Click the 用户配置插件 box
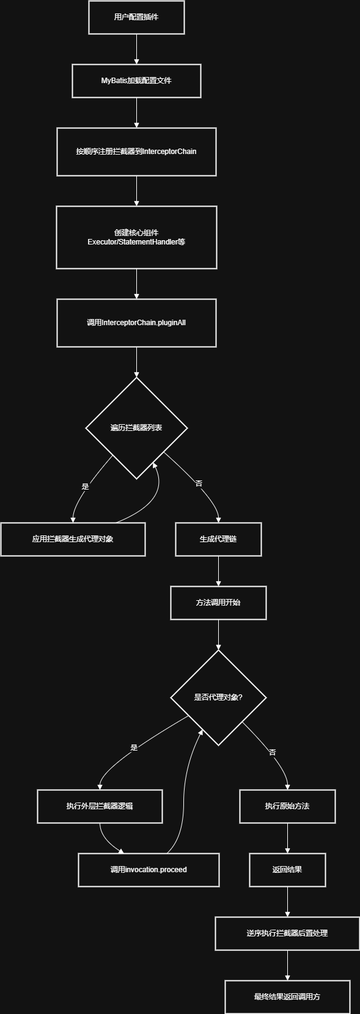[x=136, y=17]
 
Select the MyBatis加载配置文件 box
[x=136, y=81]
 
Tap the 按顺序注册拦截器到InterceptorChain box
[x=136, y=152]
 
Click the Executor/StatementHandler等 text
[x=136, y=242]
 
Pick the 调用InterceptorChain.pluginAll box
[x=136, y=323]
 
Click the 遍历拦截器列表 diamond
[x=136, y=428]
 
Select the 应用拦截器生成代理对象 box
[x=73, y=539]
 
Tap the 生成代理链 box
[x=218, y=539]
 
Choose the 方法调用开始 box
[x=218, y=603]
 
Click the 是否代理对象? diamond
[x=218, y=697]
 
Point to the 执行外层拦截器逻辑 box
[x=100, y=806]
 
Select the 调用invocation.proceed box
[x=149, y=870]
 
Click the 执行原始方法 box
[x=287, y=806]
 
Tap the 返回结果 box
[x=287, y=870]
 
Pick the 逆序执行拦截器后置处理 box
[x=287, y=933]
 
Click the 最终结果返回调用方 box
[x=287, y=997]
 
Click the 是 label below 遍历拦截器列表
[x=85, y=487]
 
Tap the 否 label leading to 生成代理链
[x=199, y=483]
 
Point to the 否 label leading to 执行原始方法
[x=272, y=752]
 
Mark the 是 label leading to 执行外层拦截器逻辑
[x=134, y=748]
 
